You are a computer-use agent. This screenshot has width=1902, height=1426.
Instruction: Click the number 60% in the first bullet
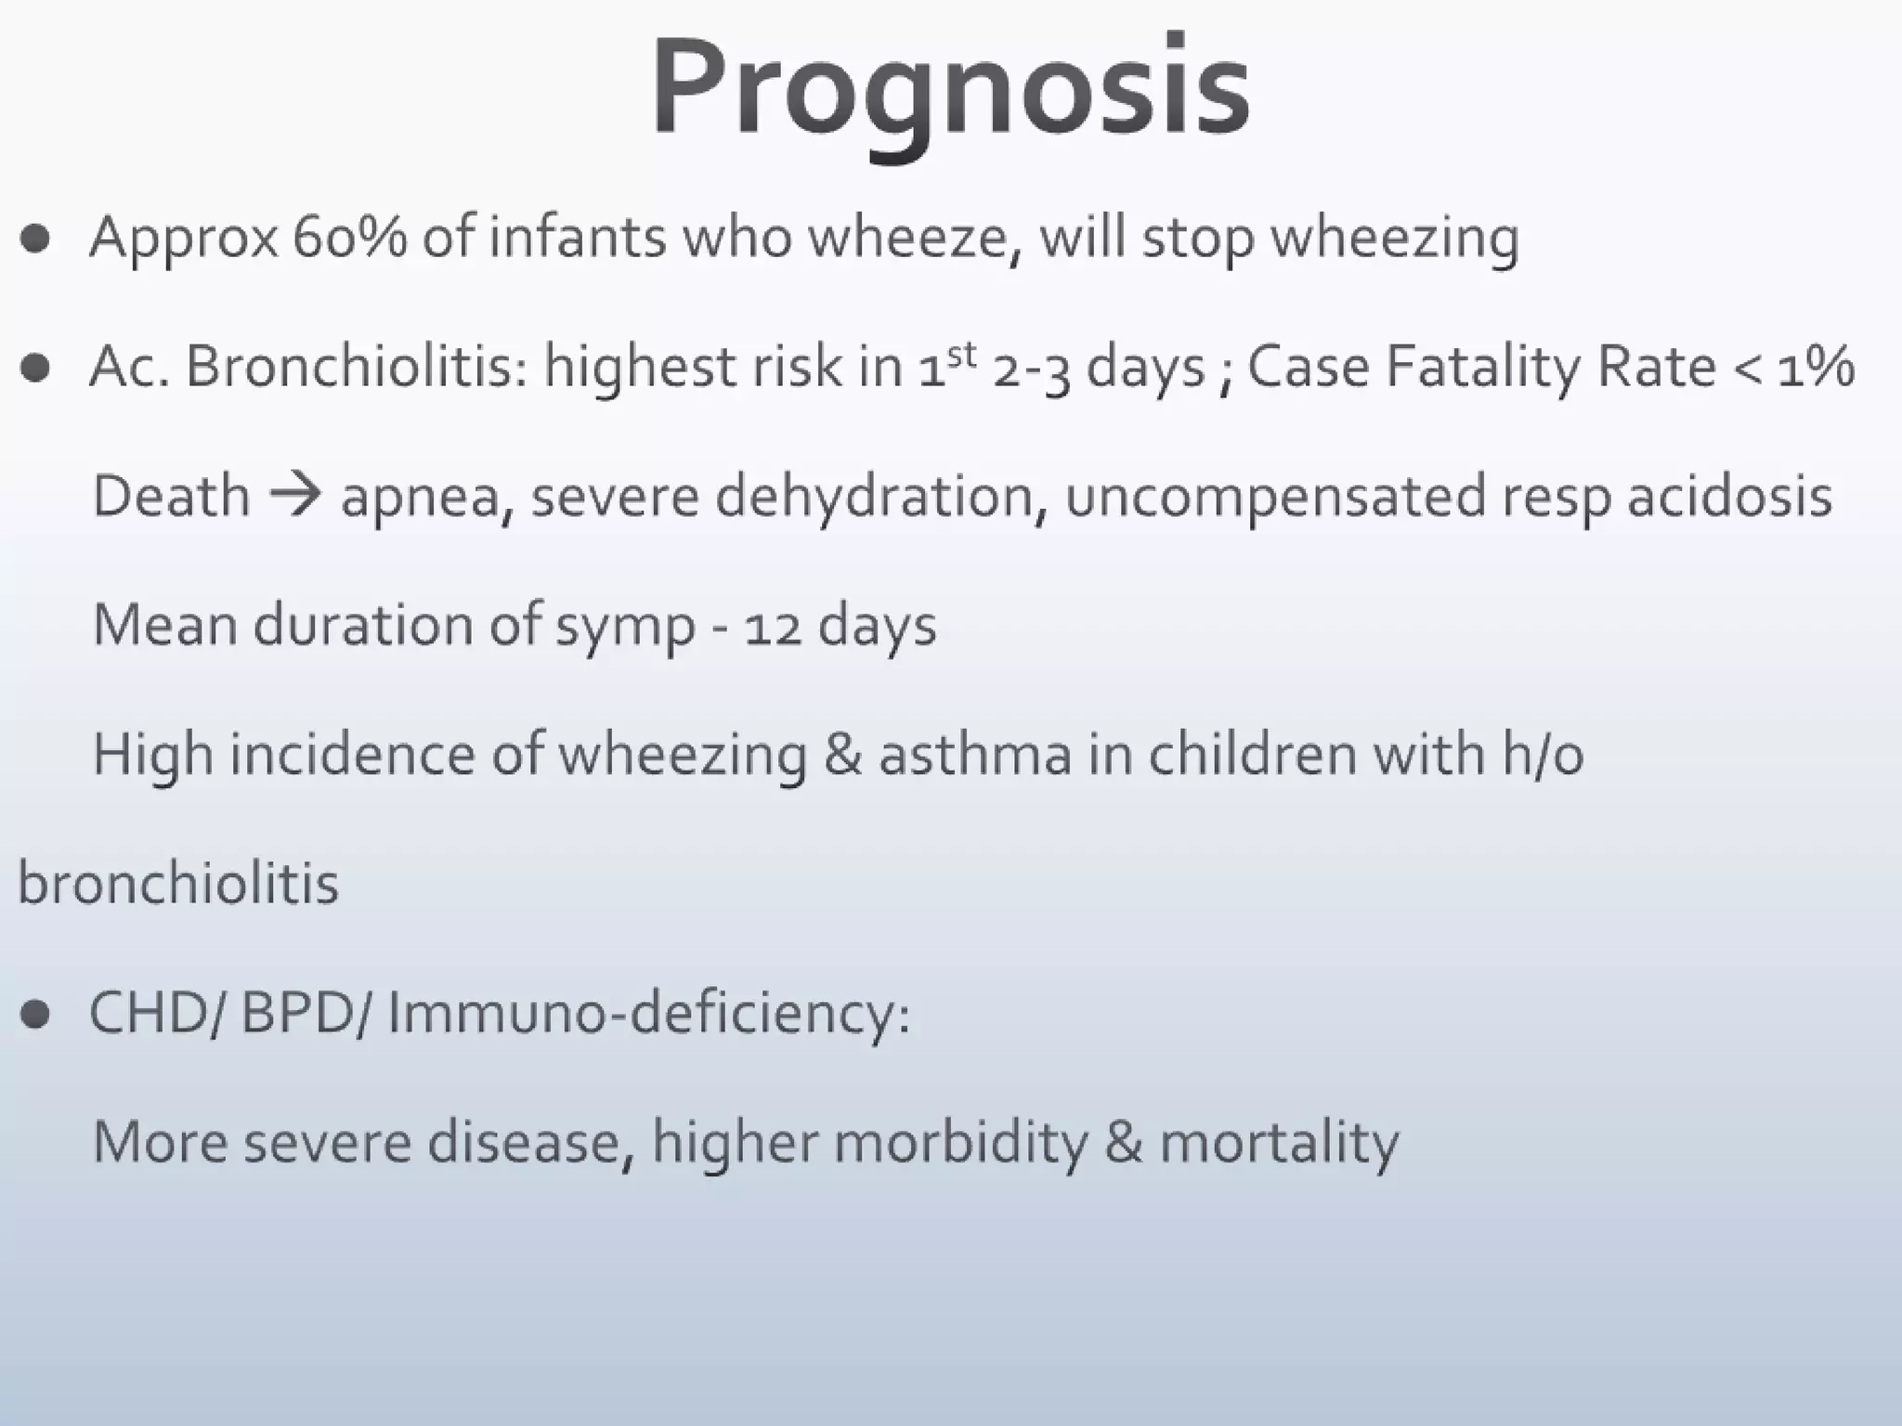coord(349,237)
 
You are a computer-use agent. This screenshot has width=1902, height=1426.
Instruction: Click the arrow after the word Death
coord(295,495)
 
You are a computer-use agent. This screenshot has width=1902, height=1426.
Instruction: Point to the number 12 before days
coord(772,626)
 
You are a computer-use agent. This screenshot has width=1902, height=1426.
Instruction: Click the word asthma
coord(975,753)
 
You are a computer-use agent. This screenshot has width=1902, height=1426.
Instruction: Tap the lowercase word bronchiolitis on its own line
coord(178,883)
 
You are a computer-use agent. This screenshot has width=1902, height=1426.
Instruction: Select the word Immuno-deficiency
coord(647,1012)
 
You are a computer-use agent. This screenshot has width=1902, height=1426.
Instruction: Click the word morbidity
coord(961,1141)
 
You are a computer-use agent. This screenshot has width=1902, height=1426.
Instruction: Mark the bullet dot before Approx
coord(35,239)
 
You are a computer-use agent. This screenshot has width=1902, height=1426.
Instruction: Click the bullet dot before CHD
coord(35,1014)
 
